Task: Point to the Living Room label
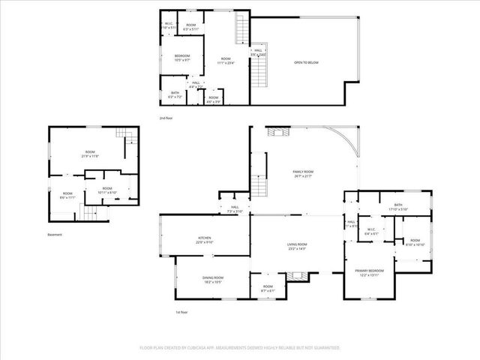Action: pyautogui.click(x=298, y=246)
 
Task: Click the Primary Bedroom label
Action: pyautogui.click(x=370, y=271)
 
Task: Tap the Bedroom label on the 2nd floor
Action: pyautogui.click(x=182, y=57)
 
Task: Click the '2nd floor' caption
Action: pyautogui.click(x=166, y=118)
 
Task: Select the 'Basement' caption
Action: pyautogui.click(x=55, y=235)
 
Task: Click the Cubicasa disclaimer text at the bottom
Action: pyautogui.click(x=240, y=348)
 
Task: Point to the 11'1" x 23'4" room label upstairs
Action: pyautogui.click(x=226, y=61)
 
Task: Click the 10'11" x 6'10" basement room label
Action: pyautogui.click(x=107, y=190)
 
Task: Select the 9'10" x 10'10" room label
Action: pyautogui.click(x=415, y=242)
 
